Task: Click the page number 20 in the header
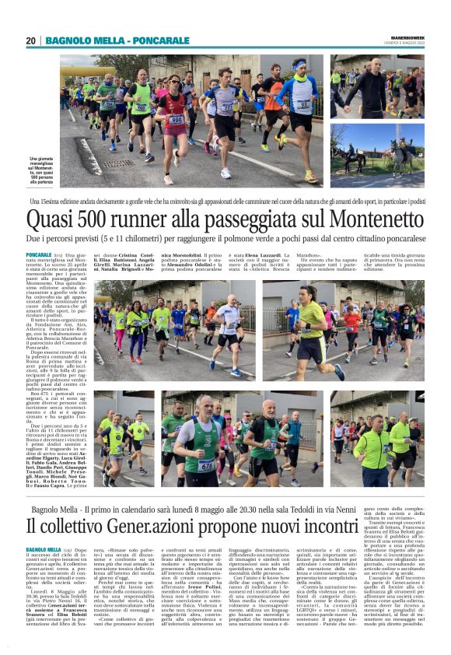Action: [31, 40]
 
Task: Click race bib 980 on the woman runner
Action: [177, 119]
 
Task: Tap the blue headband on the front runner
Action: [300, 65]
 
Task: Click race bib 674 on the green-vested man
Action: [205, 464]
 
